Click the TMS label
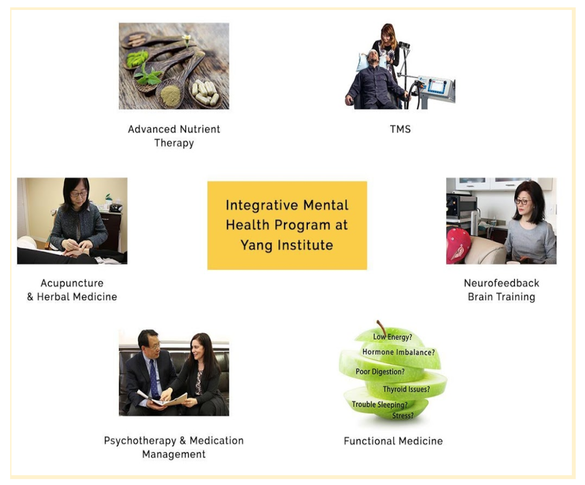point(400,129)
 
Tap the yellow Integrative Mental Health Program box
point(287,225)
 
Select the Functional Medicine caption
point(393,441)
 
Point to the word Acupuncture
point(72,283)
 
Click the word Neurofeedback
point(501,283)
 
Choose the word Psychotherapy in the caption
point(140,441)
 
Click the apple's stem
point(381,328)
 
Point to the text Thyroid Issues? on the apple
point(406,389)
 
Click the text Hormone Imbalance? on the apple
point(398,352)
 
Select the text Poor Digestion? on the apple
point(380,371)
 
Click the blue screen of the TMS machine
point(436,86)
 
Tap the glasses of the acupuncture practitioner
point(78,194)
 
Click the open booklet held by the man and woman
point(163,398)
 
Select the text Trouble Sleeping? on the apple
point(379,405)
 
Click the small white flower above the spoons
point(187,38)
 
